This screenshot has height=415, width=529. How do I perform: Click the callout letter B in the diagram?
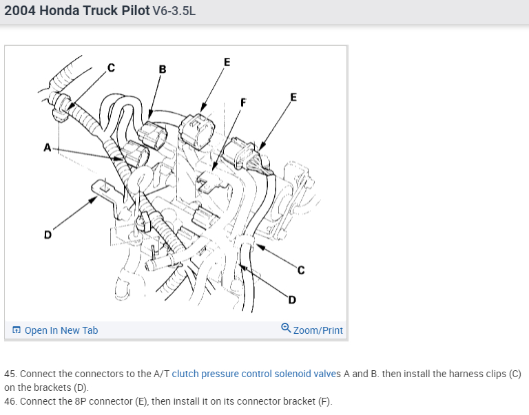click(x=162, y=69)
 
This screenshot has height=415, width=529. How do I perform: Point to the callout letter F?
click(x=242, y=103)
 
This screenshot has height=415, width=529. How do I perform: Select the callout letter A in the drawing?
click(x=47, y=147)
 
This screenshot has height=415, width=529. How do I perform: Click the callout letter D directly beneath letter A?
click(x=48, y=235)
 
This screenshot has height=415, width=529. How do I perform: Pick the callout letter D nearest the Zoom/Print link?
click(x=292, y=299)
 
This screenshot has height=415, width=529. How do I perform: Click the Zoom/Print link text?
click(x=318, y=330)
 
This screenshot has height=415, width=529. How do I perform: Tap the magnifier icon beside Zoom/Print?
click(x=286, y=329)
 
